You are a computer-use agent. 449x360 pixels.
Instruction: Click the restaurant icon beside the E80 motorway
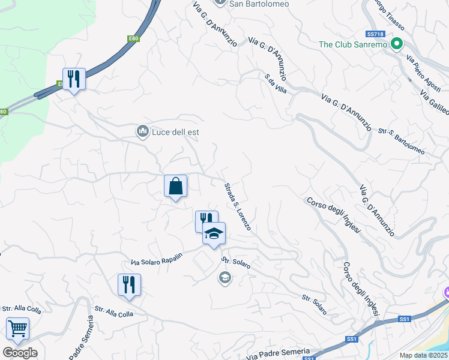coord(74,79)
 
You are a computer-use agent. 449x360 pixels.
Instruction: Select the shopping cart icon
coord(18,329)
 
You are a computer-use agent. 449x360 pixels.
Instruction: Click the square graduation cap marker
coord(214,233)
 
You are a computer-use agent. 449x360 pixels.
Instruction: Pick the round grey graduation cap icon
coord(224,277)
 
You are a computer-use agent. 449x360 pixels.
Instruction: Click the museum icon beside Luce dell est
coord(143,131)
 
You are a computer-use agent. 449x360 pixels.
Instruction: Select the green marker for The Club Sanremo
coord(396,44)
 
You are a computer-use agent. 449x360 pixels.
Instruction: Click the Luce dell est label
coord(176,132)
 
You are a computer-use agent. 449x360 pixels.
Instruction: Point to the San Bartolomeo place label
coord(259,4)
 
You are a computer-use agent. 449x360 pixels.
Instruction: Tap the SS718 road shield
coord(375,34)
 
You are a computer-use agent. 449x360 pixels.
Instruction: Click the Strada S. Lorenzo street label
coord(237,207)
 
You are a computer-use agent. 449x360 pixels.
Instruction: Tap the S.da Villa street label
coord(276,83)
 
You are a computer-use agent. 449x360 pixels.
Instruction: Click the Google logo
coord(20,353)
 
